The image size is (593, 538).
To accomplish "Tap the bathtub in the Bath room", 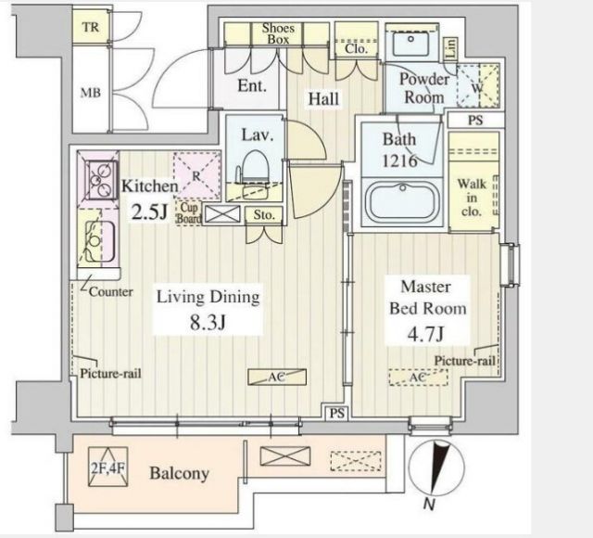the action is point(402,201).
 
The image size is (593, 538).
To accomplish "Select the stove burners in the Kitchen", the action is point(100,179).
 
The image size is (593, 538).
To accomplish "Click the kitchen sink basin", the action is point(99,241).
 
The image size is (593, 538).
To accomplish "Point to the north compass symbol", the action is point(436,468).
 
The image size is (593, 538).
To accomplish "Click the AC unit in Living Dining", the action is point(277,378).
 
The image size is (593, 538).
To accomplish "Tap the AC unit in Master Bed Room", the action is point(418,378).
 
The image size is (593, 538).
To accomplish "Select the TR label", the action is point(91,27).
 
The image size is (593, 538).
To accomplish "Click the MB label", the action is point(91,93).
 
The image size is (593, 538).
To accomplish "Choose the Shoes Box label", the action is point(278,33).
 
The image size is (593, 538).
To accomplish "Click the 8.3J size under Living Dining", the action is point(208,323).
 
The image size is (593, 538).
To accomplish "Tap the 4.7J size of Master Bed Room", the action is point(425,333).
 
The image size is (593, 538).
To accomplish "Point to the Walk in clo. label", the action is point(472,198).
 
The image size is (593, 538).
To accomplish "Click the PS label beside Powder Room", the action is point(475,121).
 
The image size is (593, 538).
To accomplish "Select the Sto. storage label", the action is point(263,215).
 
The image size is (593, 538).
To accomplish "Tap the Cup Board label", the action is point(189,213).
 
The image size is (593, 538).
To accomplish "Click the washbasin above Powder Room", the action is point(410,44).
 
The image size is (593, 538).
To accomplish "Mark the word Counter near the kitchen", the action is point(111,292).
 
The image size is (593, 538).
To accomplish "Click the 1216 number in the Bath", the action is point(399,161).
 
